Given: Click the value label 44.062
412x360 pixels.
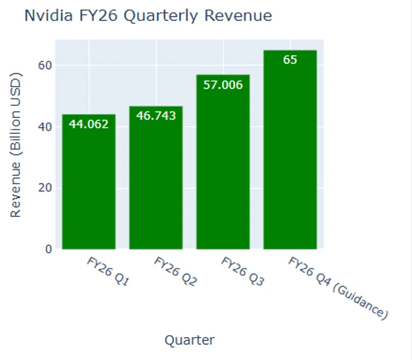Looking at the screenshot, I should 89,124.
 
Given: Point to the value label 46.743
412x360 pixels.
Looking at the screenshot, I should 156,115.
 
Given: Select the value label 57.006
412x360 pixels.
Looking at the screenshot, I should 223,85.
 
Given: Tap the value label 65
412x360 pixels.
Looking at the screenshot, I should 290,60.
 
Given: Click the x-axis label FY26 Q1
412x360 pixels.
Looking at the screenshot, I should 108,272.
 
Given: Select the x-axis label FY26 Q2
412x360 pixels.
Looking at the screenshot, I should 175,272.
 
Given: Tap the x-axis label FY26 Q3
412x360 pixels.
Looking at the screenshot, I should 242,272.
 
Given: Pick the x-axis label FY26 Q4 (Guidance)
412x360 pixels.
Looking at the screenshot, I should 338,288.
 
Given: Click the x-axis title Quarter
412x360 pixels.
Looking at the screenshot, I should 190,340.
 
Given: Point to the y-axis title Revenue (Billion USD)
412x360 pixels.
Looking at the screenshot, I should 16,145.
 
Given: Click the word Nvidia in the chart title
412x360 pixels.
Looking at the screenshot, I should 45,16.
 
